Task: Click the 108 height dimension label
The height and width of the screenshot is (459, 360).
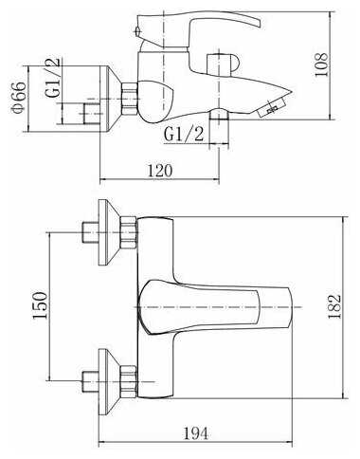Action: coord(322,64)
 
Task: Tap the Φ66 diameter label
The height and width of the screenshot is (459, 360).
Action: coord(18,97)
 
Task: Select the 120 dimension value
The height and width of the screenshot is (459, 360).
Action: coord(160,171)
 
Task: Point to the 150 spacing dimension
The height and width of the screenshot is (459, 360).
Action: coord(41,305)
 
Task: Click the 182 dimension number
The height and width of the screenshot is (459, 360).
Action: coord(334,307)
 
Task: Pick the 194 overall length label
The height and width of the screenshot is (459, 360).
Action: coord(196,433)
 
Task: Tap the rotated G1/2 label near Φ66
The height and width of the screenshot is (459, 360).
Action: coord(52,78)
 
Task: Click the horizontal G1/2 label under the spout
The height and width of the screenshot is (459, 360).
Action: coord(184,134)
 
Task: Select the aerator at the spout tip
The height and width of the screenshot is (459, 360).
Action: coord(271,107)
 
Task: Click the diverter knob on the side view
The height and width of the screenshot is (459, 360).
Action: coord(223,64)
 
